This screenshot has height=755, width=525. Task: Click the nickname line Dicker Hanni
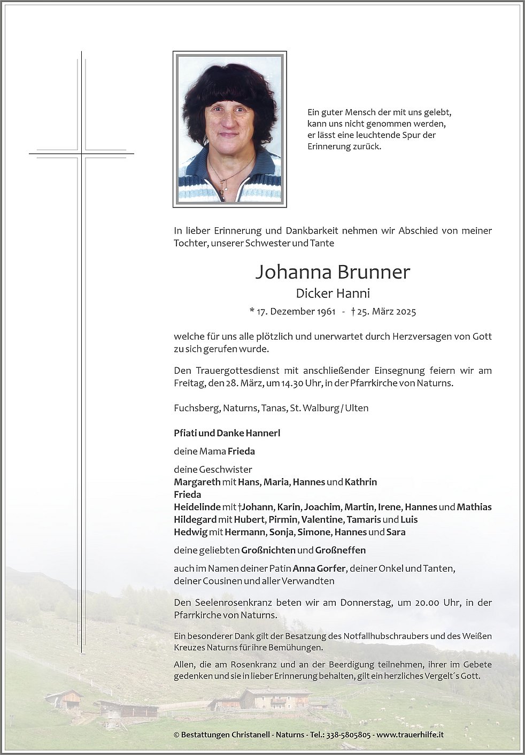click(333, 293)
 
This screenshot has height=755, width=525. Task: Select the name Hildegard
click(195, 520)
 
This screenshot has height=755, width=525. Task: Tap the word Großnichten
click(268, 550)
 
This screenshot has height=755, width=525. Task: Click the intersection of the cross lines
click(82, 154)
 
